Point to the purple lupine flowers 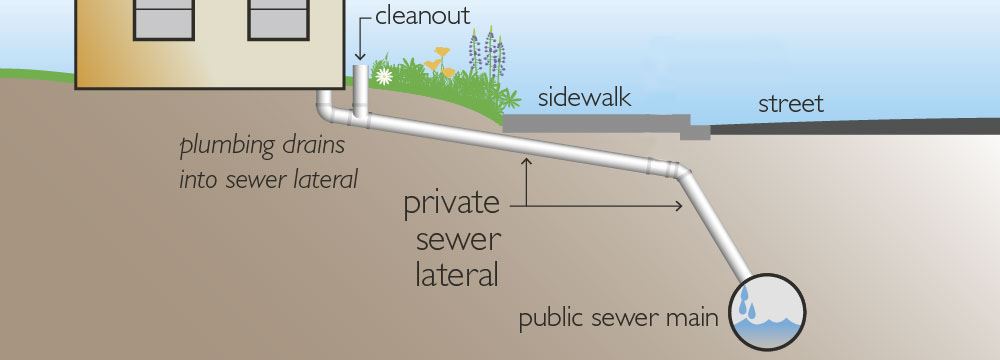tap(490, 48)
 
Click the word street tap(790, 104)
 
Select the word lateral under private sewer tap(455, 272)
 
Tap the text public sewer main tap(618, 320)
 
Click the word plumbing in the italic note tap(224, 147)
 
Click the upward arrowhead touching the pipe tap(524, 162)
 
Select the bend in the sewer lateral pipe tap(680, 172)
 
